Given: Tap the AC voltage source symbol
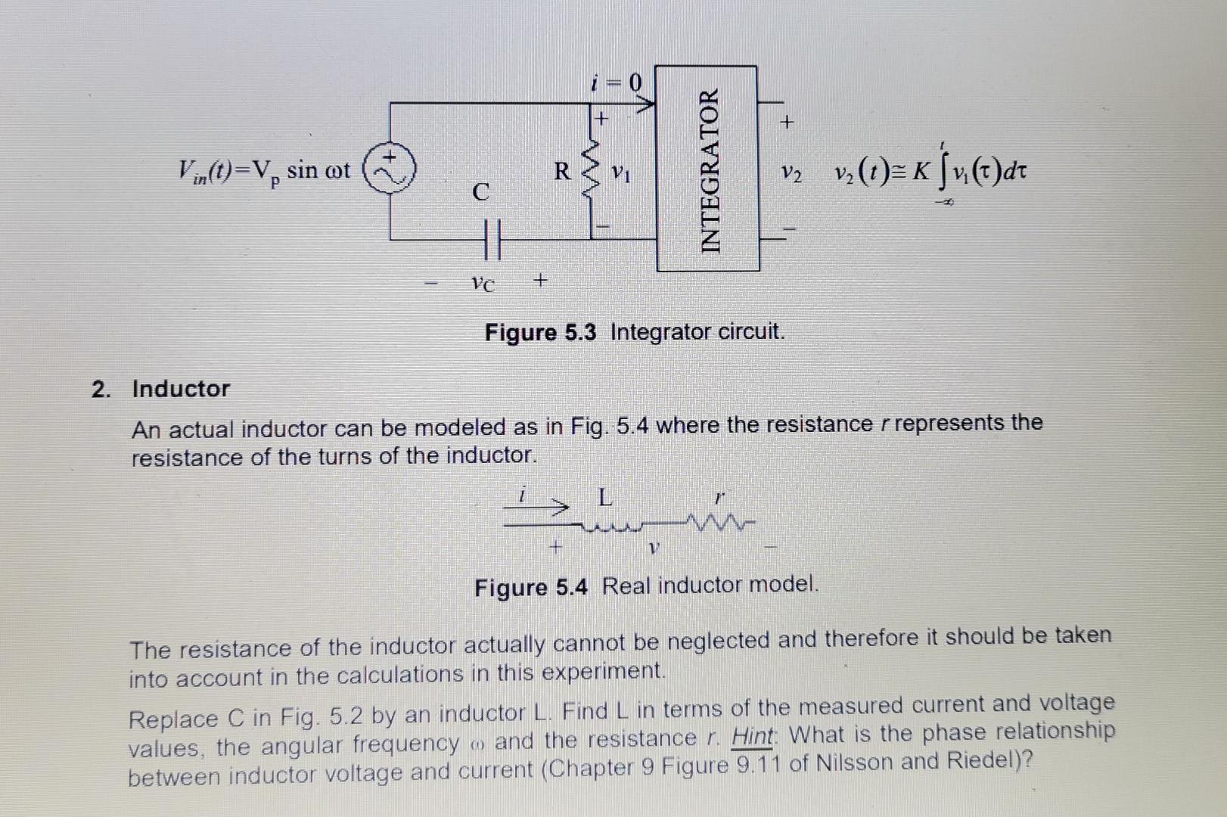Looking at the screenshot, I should [390, 171].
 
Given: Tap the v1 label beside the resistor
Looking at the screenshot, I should [621, 173].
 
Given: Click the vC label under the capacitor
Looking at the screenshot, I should [482, 284].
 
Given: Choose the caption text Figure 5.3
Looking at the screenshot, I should [540, 332].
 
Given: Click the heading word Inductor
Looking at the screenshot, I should [181, 389].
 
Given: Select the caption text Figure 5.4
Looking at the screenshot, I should [530, 587].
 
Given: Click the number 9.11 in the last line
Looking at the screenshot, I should [757, 766].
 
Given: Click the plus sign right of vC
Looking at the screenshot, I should [539, 281].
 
